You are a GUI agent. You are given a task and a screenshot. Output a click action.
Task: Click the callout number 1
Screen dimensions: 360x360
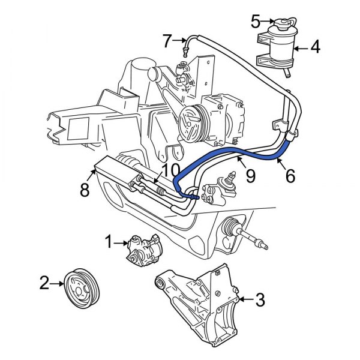click(x=109, y=242)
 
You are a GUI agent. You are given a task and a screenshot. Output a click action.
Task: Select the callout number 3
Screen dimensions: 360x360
click(x=260, y=299)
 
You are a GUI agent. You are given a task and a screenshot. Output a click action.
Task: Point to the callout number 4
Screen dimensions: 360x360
click(x=315, y=45)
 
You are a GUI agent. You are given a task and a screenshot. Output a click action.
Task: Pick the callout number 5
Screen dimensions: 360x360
click(x=256, y=22)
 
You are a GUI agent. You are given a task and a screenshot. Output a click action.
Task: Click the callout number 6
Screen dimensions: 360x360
click(x=290, y=176)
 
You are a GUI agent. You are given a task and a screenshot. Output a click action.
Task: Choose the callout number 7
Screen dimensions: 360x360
click(x=167, y=41)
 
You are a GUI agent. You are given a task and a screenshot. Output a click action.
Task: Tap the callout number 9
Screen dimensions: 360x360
click(x=250, y=176)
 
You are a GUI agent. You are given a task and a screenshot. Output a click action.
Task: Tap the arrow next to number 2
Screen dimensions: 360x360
click(x=59, y=281)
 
